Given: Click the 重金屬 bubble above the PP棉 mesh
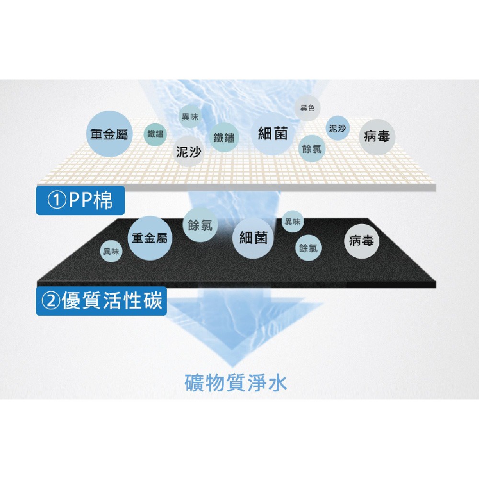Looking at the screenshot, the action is tap(109, 134).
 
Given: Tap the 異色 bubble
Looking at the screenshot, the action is tap(308, 108).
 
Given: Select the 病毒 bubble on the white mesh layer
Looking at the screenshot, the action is tap(377, 136).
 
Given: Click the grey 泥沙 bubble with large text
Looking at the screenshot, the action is tap(188, 151).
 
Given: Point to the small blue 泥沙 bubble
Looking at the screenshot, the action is tap(337, 128).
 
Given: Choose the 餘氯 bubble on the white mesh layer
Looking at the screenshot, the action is tap(312, 148).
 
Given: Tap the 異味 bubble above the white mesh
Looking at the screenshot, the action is tap(190, 116).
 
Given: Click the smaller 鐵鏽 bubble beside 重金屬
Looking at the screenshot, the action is tap(155, 134).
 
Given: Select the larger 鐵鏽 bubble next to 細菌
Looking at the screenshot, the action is tap(224, 137).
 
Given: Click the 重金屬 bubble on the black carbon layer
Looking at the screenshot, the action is tap(149, 238).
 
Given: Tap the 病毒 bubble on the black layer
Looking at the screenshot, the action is tap(362, 241).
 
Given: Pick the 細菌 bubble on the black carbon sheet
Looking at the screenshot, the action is tap(253, 238).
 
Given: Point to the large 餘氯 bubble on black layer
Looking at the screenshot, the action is tap(200, 225).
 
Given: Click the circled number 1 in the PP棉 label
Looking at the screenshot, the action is tap(57, 200).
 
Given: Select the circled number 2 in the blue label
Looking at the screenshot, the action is tap(51, 301).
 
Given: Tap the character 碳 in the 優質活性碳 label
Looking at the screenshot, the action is tap(152, 301).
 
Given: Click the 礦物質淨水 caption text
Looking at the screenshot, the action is tap(236, 382).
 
